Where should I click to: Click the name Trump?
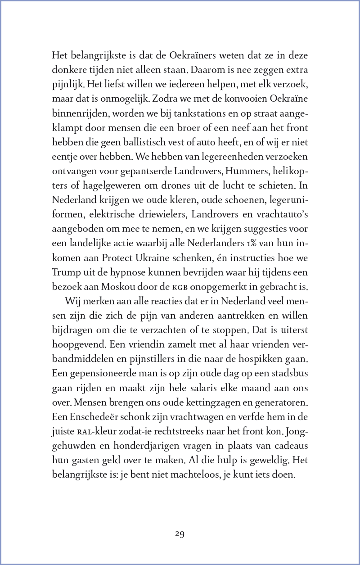67,271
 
